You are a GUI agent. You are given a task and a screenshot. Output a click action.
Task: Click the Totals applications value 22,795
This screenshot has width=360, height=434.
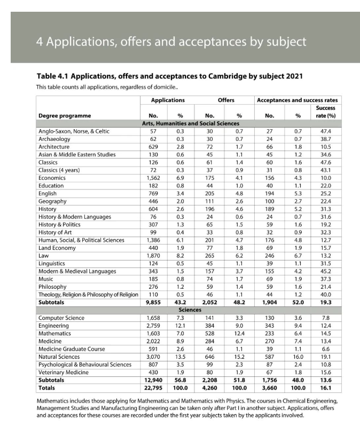(153, 388)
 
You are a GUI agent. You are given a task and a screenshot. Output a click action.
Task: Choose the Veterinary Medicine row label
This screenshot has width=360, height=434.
(63, 372)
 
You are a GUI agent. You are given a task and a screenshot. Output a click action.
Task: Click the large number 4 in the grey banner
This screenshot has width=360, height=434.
(41, 41)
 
